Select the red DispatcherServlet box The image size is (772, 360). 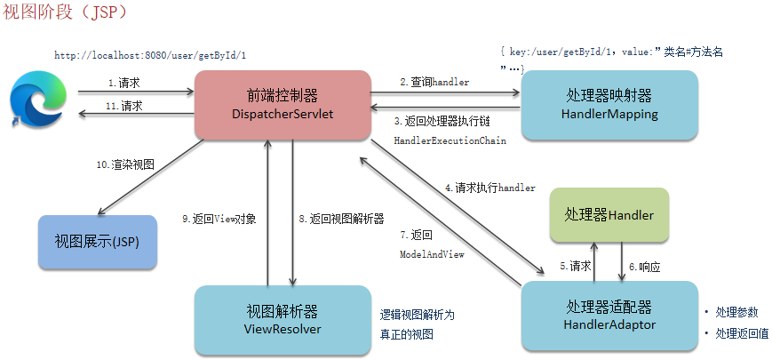coord(282,106)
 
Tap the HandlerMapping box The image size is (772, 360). coord(609,105)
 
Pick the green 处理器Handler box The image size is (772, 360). coord(609,215)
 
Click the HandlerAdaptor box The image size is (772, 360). coord(609,316)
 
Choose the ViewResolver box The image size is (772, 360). coord(282,320)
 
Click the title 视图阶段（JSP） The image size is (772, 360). coord(66,14)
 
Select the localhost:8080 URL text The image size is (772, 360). coord(150,55)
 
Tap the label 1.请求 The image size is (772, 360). coord(125,82)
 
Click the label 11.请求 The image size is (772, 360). coord(125,105)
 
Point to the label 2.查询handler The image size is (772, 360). coord(434,81)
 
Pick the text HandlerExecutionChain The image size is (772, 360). coord(450,140)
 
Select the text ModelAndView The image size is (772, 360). coord(434,253)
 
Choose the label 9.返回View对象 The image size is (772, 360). coord(219,218)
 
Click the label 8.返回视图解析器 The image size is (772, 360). coord(341,218)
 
